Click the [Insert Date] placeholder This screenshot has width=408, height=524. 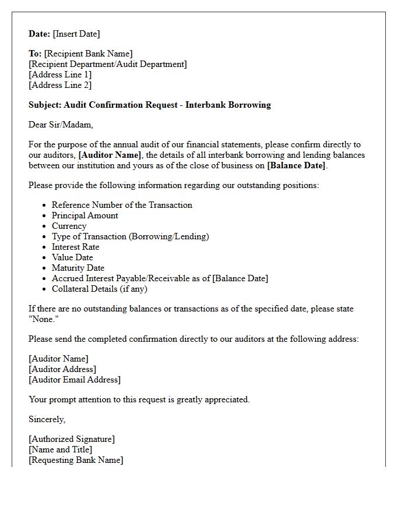click(x=77, y=34)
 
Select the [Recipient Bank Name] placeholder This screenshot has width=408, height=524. click(x=88, y=54)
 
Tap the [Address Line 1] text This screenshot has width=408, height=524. click(x=60, y=75)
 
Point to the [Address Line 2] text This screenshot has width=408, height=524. click(x=60, y=85)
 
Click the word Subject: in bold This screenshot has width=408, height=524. click(x=45, y=105)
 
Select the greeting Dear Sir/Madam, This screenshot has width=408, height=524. click(x=61, y=125)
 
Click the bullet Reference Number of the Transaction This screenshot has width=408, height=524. click(x=122, y=205)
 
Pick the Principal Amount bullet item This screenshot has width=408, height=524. click(x=85, y=215)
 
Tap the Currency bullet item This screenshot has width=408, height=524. click(x=69, y=226)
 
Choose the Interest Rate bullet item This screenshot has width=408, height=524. click(x=76, y=247)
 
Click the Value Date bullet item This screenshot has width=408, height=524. click(x=72, y=257)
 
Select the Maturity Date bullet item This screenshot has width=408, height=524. click(x=78, y=268)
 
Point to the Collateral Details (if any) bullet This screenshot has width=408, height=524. click(x=100, y=289)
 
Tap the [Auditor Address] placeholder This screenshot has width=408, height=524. click(x=62, y=369)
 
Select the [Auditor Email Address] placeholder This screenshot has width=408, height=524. click(x=75, y=380)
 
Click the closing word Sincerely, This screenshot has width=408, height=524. click(x=47, y=419)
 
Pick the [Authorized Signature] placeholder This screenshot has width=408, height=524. click(x=72, y=439)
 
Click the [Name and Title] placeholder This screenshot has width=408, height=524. click(x=61, y=449)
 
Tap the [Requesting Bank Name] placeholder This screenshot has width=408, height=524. click(x=76, y=460)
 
